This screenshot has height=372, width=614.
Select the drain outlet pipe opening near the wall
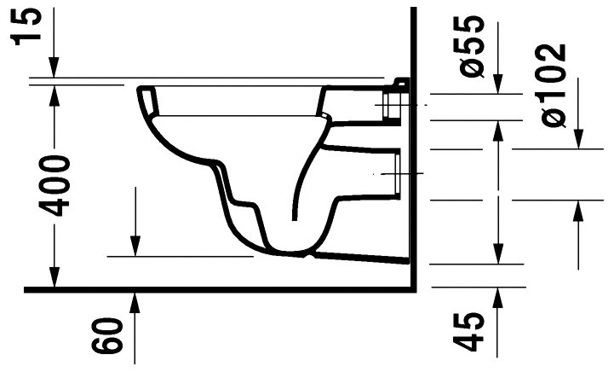pos(393,174)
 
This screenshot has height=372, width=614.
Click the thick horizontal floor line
pos(213,290)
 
